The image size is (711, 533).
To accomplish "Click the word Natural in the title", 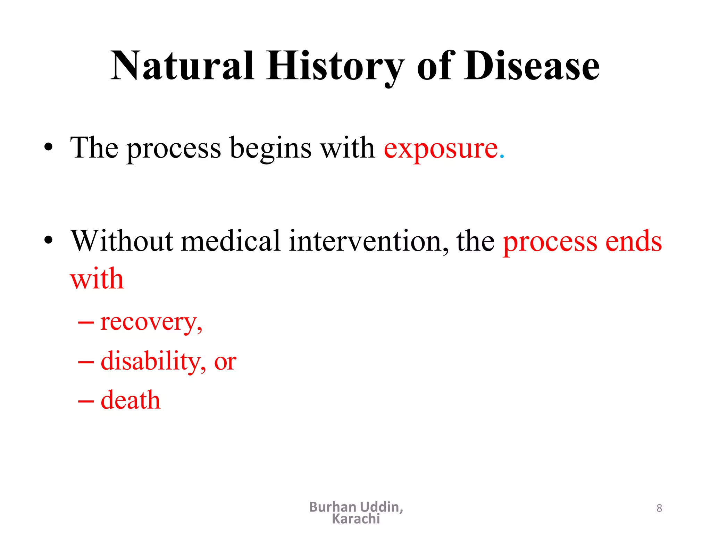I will (x=183, y=66).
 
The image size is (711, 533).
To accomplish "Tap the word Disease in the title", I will (x=532, y=66).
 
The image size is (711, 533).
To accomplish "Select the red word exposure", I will (x=441, y=149).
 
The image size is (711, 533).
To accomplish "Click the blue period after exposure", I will (x=502, y=157).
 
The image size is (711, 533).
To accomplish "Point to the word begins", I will (x=270, y=149).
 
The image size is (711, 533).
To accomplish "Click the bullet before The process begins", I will (x=49, y=147).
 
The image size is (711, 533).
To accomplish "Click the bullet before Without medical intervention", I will (x=49, y=240).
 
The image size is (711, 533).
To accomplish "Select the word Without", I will (x=122, y=241).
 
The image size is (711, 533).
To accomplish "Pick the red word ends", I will (x=634, y=241).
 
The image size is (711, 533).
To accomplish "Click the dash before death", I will (x=86, y=401).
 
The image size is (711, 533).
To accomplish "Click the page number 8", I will (x=659, y=508).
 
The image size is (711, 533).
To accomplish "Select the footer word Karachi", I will (x=356, y=519).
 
